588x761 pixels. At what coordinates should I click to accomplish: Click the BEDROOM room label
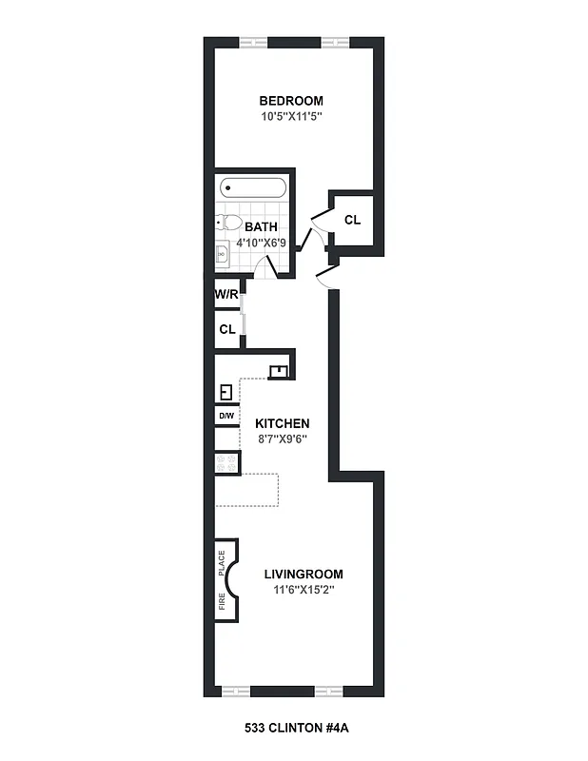[292, 101]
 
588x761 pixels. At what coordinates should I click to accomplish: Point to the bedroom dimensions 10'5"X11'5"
[292, 117]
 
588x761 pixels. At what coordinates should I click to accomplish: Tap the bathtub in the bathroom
[252, 187]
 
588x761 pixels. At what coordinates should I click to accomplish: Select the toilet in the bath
[228, 224]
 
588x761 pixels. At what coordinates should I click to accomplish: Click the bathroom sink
[223, 254]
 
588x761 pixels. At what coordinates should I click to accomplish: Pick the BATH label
[261, 227]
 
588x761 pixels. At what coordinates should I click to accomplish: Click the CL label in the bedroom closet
[352, 220]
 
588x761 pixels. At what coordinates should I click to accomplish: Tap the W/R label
[225, 295]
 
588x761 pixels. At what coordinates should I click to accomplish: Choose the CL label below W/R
[226, 330]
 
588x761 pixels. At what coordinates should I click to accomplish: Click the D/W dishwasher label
[226, 416]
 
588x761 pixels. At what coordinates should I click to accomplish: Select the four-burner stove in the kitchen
[226, 463]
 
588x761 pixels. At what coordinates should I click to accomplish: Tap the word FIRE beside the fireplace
[223, 601]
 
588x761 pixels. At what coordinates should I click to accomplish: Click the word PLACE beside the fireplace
[223, 566]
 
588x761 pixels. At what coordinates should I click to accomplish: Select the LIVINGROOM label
[303, 575]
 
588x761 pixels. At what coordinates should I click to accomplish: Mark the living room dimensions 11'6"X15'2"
[303, 590]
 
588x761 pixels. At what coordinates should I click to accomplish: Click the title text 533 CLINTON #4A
[292, 729]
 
